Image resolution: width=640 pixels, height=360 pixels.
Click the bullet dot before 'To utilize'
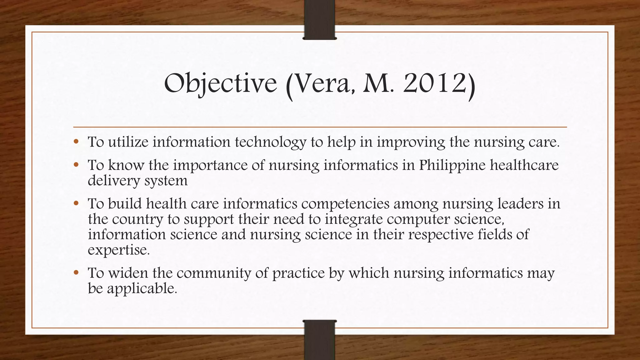click(76, 142)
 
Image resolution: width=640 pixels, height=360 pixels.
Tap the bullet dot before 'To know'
click(76, 165)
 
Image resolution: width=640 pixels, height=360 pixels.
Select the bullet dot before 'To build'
click(76, 204)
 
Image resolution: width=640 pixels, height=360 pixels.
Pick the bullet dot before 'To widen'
click(76, 273)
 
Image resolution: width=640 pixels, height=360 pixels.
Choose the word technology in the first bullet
click(271, 142)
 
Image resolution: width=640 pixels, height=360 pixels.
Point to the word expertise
click(119, 250)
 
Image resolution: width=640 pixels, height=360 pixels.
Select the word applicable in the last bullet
click(142, 288)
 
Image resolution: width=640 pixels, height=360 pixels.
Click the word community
click(214, 273)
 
